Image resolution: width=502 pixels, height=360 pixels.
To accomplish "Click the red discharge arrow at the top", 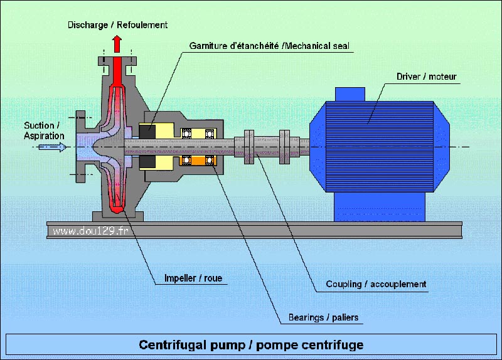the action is (117, 44).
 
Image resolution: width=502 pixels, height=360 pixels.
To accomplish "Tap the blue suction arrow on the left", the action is (53, 147).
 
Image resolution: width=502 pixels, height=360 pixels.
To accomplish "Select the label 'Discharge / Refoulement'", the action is (117, 25).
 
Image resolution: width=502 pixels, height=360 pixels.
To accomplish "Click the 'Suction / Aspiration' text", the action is (44, 130).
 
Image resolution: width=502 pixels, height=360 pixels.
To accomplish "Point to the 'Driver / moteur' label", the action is (427, 77).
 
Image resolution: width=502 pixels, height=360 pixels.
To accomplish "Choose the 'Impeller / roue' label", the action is (193, 278).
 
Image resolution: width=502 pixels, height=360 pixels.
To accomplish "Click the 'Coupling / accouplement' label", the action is (376, 284).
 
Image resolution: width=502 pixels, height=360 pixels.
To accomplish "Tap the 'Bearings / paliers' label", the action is (323, 317).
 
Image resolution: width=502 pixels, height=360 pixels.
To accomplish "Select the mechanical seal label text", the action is (269, 46).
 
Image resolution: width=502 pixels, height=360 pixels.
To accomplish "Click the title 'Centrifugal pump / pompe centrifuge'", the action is (252, 345).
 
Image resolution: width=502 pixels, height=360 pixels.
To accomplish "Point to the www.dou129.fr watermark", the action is (90, 231).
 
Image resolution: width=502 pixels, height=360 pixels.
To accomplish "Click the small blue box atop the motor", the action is (350, 95).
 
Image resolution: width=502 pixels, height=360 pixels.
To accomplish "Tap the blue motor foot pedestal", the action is (380, 207).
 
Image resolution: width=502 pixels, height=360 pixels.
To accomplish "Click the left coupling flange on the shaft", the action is (249, 147).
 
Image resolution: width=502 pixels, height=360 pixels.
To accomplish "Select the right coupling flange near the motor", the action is (285, 147).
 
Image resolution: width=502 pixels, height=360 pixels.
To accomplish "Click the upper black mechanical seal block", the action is (147, 132).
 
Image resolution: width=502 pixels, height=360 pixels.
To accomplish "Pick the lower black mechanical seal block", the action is (147, 162).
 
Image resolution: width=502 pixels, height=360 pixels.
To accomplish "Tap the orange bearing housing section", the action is (198, 161).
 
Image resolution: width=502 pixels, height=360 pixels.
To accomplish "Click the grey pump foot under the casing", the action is (118, 216).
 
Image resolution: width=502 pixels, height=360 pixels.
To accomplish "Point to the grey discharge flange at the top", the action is (117, 61).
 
